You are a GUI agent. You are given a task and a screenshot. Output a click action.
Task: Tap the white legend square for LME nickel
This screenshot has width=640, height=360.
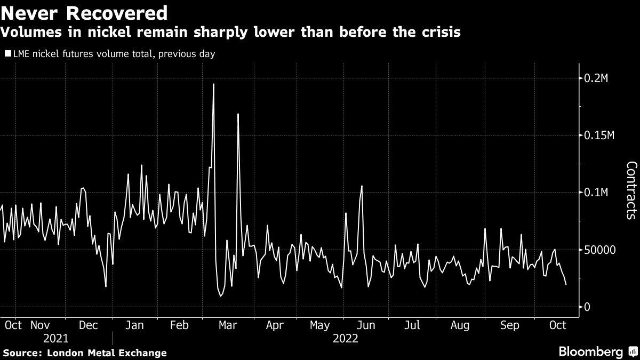tap(7, 54)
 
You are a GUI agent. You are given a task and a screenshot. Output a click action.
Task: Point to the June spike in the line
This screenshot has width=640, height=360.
tap(362, 186)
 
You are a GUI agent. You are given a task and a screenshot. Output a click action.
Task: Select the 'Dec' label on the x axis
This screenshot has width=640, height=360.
tap(89, 325)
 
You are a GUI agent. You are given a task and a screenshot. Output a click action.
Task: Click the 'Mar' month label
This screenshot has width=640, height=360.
tap(228, 325)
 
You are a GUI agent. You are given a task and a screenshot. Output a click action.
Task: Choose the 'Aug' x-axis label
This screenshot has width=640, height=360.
tap(460, 325)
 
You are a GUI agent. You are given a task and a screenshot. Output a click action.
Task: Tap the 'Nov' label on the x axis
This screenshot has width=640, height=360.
tap(40, 325)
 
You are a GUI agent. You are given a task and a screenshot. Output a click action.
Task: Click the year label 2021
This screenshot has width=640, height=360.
tap(56, 338)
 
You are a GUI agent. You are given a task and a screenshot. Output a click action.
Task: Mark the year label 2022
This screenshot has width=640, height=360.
tap(345, 338)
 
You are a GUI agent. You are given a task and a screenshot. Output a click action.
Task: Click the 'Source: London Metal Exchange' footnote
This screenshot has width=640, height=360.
tap(85, 353)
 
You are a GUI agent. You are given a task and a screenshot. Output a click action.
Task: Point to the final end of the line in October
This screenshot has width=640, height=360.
tap(566, 285)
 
